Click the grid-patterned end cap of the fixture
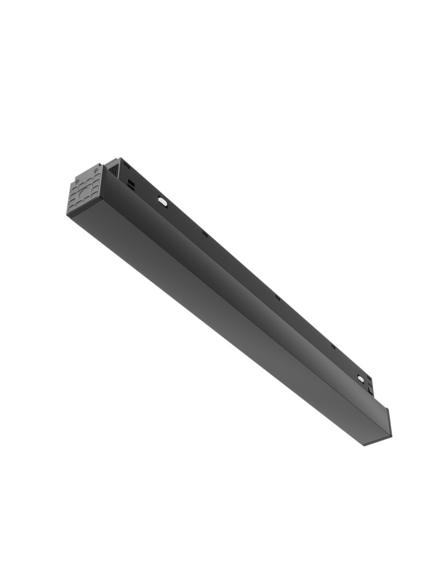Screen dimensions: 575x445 tap(86, 189)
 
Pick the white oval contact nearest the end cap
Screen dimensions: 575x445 tap(163, 201)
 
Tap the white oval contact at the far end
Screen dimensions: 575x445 tap(360, 378)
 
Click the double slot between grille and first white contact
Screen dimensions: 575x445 tap(132, 184)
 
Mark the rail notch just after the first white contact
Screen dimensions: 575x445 tap(205, 234)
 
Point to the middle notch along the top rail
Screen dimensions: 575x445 tap(277, 297)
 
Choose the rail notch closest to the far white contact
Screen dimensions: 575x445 tap(332, 346)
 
